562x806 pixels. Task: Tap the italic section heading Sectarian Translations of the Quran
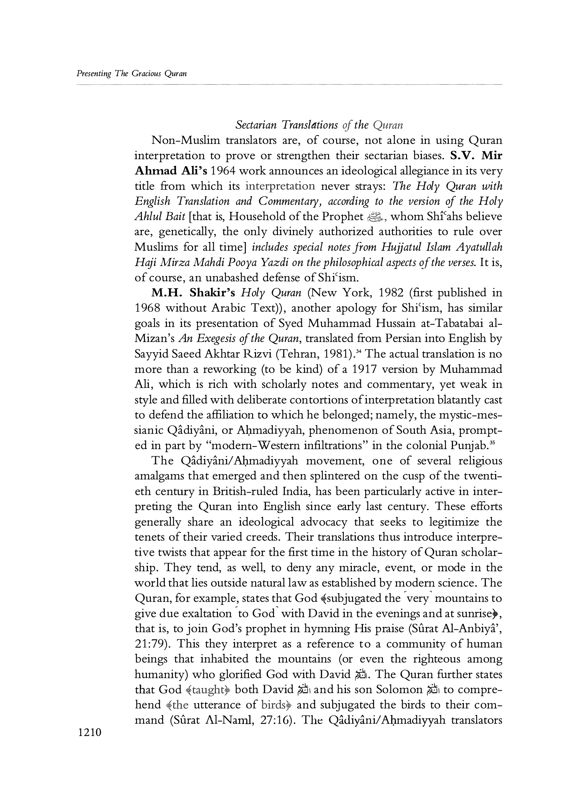click(319, 125)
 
